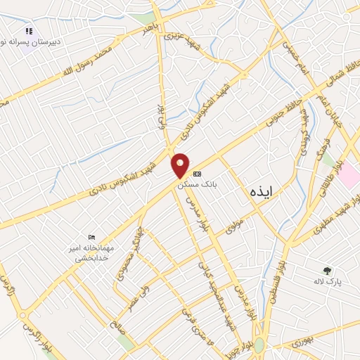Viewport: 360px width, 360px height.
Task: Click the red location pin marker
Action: [181, 166]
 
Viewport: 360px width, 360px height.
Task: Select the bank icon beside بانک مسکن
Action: [197, 173]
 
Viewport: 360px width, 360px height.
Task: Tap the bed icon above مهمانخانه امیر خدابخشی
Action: [92, 237]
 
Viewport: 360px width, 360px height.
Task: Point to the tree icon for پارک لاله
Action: [327, 270]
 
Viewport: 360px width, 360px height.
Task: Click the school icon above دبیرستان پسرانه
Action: [29, 32]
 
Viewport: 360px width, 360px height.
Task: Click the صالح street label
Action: [117, 323]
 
